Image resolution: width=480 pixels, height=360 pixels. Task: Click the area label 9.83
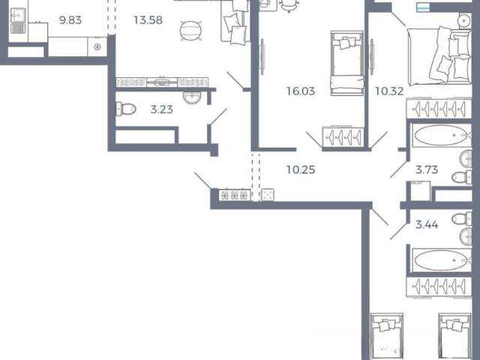tap(70, 20)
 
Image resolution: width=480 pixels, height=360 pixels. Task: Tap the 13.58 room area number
tap(148, 20)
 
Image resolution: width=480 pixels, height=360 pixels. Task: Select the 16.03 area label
tap(301, 91)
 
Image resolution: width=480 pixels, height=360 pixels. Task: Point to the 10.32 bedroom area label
tap(389, 91)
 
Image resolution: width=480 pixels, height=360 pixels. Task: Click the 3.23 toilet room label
tap(162, 109)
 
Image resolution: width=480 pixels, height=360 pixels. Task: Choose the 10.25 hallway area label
tap(301, 169)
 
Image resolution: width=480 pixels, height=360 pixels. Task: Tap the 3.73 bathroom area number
tap(427, 169)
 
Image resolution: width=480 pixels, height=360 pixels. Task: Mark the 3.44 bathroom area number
tap(427, 225)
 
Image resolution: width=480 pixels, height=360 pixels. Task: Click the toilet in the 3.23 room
tap(126, 109)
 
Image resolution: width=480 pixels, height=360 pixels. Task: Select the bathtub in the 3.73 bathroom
tap(442, 135)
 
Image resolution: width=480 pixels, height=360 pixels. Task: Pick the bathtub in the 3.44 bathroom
tap(442, 260)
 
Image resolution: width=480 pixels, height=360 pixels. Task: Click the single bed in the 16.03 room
tap(347, 63)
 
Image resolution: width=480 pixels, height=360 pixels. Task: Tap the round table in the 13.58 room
tap(190, 30)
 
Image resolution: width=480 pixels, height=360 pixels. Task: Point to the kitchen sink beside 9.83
tap(18, 20)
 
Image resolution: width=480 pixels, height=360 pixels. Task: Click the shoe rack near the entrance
tap(235, 195)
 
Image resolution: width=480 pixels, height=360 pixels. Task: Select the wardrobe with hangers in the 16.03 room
tap(343, 136)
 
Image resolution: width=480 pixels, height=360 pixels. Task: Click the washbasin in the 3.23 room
tap(192, 97)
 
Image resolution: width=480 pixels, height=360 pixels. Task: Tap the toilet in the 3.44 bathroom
tap(462, 219)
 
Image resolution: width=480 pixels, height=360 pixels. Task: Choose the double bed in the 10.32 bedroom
tap(439, 55)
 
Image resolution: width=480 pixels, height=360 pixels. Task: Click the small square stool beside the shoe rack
tap(268, 195)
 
